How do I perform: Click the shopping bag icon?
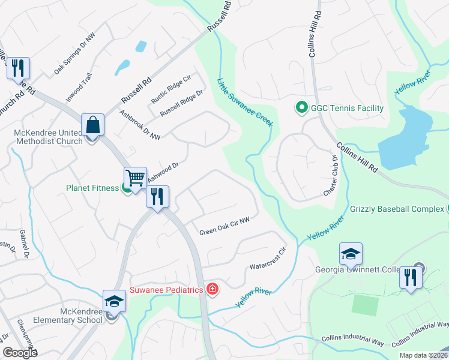93,125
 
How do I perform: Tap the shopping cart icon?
135,178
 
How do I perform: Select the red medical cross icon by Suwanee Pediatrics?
212,290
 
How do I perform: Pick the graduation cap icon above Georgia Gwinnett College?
351,254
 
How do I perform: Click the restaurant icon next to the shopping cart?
157,196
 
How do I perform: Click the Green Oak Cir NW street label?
224,227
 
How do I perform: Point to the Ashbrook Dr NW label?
140,125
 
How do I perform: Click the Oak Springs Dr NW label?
74,53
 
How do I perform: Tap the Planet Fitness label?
92,188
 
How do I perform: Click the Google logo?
20,353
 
